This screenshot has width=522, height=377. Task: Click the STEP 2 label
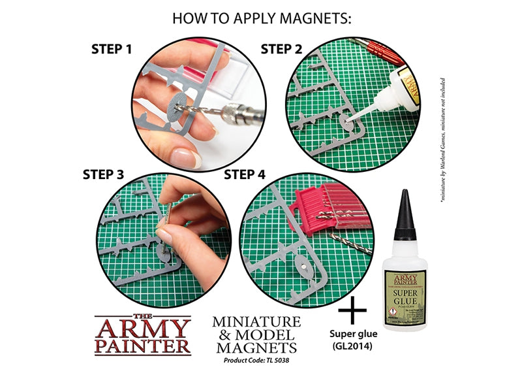pyautogui.click(x=281, y=49)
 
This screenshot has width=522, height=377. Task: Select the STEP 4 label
pyautogui.click(x=244, y=174)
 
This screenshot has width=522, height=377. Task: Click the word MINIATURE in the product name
pyautogui.click(x=256, y=321)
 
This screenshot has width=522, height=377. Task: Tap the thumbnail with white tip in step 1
pyautogui.click(x=189, y=158)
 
